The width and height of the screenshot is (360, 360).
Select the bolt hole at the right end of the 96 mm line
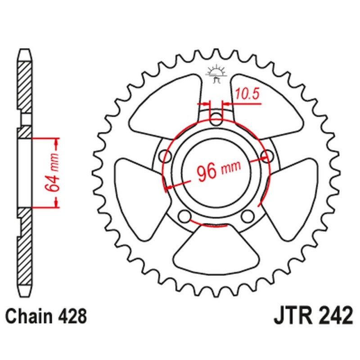coord(269,157)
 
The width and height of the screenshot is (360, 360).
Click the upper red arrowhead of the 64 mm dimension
coord(57,145)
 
